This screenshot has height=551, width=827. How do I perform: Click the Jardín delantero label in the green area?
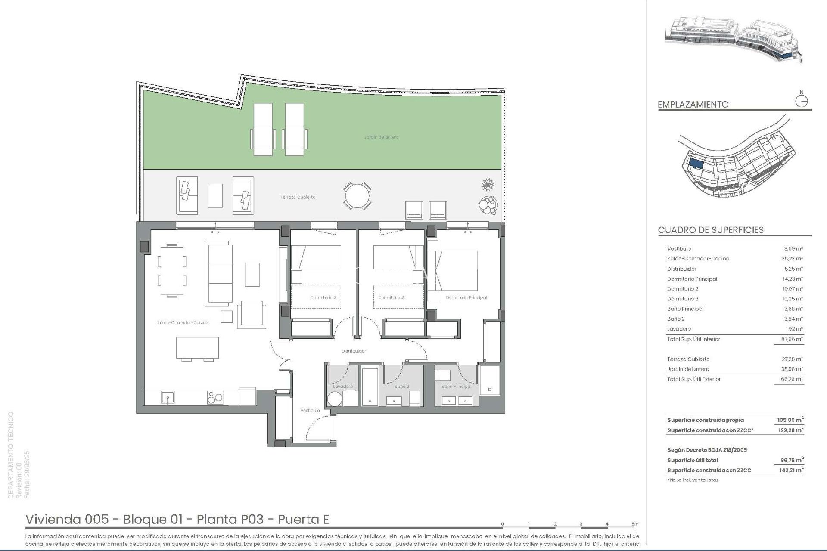coord(381,137)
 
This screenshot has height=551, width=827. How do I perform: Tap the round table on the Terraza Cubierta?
coord(357,196)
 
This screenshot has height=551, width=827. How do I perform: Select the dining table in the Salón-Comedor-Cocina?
coord(172,271)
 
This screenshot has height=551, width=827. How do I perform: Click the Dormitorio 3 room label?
coord(323,297)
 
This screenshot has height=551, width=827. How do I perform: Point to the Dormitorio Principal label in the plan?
coord(466,297)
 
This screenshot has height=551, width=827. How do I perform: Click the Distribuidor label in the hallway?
coord(354,351)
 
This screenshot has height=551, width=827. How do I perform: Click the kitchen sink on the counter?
coord(168,397)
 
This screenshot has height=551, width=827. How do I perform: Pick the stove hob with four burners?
coord(215,397)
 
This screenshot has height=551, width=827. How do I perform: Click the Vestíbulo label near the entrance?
coord(310,410)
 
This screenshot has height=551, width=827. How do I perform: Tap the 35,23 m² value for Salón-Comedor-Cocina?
coord(793,259)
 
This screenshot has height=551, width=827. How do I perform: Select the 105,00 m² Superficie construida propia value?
coord(790,420)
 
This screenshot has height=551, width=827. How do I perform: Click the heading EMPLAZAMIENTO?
coord(693,104)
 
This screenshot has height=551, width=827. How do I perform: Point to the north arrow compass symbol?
coord(801,101)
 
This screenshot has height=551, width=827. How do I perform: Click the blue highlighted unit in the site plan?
coord(696,164)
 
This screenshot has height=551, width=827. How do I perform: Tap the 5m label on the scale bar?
coord(635,524)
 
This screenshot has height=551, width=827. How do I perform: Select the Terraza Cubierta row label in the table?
coord(688,359)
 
